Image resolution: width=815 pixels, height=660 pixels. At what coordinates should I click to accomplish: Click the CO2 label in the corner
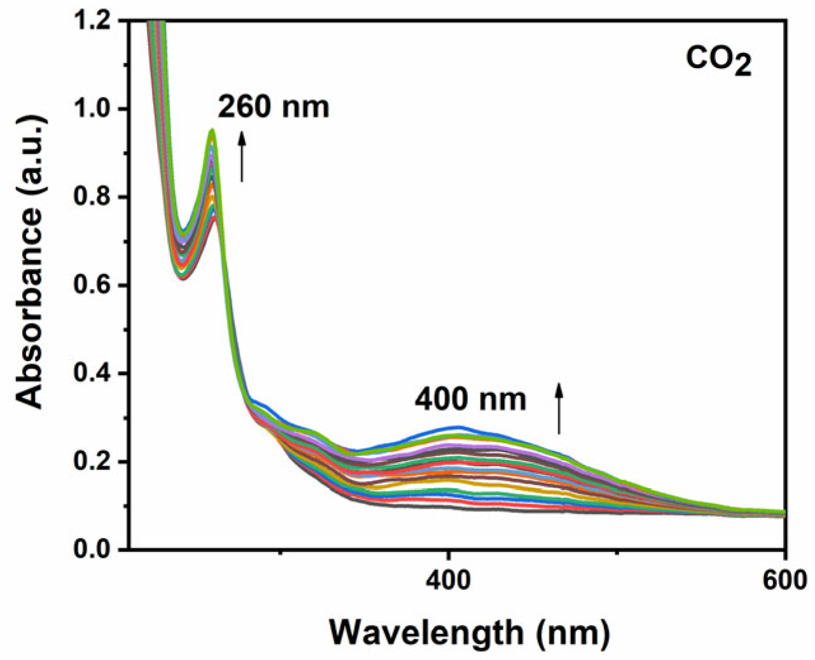718,62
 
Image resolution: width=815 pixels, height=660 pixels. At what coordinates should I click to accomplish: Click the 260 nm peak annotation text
273,107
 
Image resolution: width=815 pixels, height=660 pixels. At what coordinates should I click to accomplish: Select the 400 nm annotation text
470,399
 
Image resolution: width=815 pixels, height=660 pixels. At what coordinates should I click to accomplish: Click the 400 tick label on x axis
449,580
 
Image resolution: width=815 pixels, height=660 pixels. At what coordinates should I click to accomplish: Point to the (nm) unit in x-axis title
572,633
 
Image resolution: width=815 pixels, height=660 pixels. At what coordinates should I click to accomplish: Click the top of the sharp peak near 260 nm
212,130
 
